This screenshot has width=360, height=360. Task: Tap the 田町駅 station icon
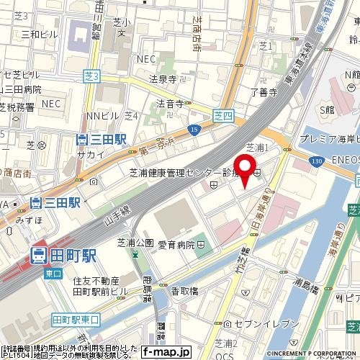[x=38, y=254]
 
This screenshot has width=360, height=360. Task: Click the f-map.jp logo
[x=166, y=353]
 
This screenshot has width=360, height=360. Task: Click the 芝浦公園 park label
[x=131, y=243]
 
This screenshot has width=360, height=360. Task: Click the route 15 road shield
[x=195, y=128]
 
